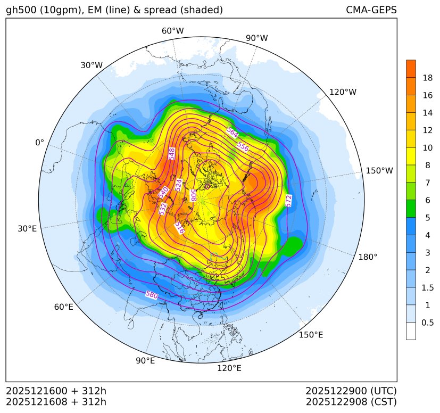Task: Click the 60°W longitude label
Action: click(x=172, y=31)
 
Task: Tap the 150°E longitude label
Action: click(x=311, y=335)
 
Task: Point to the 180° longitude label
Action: click(x=368, y=257)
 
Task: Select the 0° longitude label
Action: click(x=40, y=143)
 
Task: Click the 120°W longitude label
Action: click(x=343, y=92)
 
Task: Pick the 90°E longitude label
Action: click(x=145, y=361)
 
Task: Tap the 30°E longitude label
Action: click(x=27, y=229)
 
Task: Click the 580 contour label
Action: click(x=152, y=294)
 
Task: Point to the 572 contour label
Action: click(x=288, y=201)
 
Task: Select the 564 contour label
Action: click(x=232, y=132)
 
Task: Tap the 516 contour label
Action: click(x=179, y=227)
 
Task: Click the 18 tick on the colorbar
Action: click(x=427, y=78)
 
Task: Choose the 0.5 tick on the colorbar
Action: click(x=427, y=322)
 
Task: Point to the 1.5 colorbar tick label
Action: click(x=427, y=287)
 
